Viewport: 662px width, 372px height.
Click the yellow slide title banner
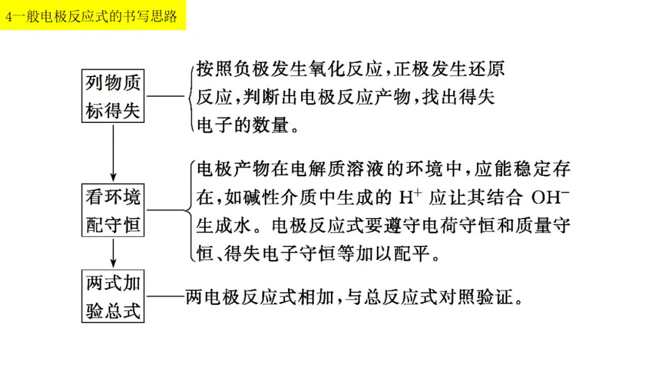[93, 15]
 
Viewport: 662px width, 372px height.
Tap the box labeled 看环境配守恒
[113, 210]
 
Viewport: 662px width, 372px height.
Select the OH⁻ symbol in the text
[551, 198]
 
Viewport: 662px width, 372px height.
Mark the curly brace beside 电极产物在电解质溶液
[187, 210]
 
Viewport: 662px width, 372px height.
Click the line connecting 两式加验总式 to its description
[164, 298]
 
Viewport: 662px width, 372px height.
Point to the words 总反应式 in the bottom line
[402, 298]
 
